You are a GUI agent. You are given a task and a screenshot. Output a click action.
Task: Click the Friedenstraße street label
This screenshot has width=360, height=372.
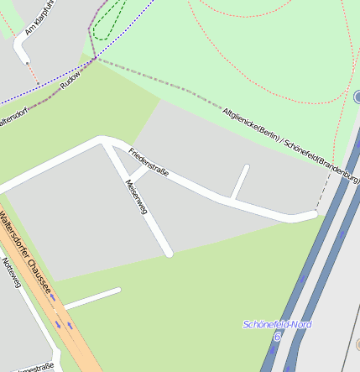149,161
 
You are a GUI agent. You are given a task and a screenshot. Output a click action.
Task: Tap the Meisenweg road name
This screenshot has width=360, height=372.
135,197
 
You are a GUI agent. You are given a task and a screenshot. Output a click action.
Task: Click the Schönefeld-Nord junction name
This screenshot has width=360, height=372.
277,324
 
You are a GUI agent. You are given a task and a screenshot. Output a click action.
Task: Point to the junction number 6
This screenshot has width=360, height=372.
276,336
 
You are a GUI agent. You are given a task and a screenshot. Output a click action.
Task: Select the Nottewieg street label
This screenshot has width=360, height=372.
10,273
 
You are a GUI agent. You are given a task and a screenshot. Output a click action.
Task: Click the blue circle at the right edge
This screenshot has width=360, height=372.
357,97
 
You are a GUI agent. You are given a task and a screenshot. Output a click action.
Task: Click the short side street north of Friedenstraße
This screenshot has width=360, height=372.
240,181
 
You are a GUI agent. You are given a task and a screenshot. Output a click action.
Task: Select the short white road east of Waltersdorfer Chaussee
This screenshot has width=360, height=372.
92,297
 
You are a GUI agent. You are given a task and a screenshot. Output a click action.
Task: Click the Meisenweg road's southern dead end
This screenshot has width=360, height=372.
169,252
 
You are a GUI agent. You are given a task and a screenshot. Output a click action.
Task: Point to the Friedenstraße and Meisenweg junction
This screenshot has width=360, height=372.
107,144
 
